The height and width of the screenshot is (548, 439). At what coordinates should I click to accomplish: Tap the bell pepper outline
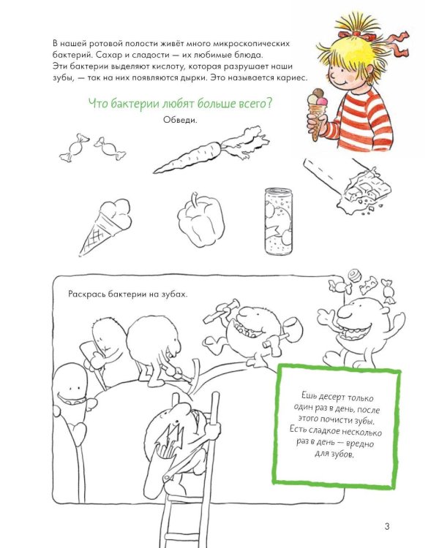pyautogui.click(x=200, y=220)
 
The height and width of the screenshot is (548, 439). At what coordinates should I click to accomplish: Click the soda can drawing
pyautogui.click(x=278, y=221)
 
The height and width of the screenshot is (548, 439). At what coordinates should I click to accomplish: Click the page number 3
pyautogui.click(x=387, y=526)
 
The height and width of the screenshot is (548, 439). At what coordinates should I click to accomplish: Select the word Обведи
pyautogui.click(x=180, y=120)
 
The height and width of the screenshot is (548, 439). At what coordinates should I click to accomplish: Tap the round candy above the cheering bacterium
pyautogui.click(x=354, y=275)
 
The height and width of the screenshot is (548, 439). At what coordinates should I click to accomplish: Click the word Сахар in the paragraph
pyautogui.click(x=105, y=55)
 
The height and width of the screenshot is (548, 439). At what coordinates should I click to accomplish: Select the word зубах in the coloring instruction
pyautogui.click(x=175, y=294)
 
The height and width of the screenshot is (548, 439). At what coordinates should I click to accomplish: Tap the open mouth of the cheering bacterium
pyautogui.click(x=353, y=332)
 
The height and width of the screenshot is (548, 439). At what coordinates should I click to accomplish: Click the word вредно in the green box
pyautogui.click(x=359, y=444)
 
